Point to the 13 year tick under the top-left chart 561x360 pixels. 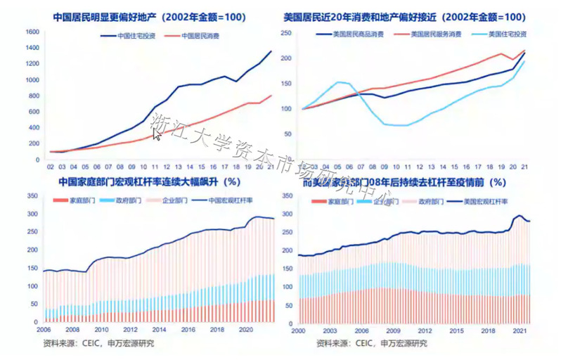(x=179, y=167)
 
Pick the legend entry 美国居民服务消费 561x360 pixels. (x=434, y=34)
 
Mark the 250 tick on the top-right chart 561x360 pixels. (x=286, y=32)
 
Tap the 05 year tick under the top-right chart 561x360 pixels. (x=337, y=167)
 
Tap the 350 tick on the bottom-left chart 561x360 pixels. (x=32, y=195)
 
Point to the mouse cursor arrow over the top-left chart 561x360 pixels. (x=157, y=133)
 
